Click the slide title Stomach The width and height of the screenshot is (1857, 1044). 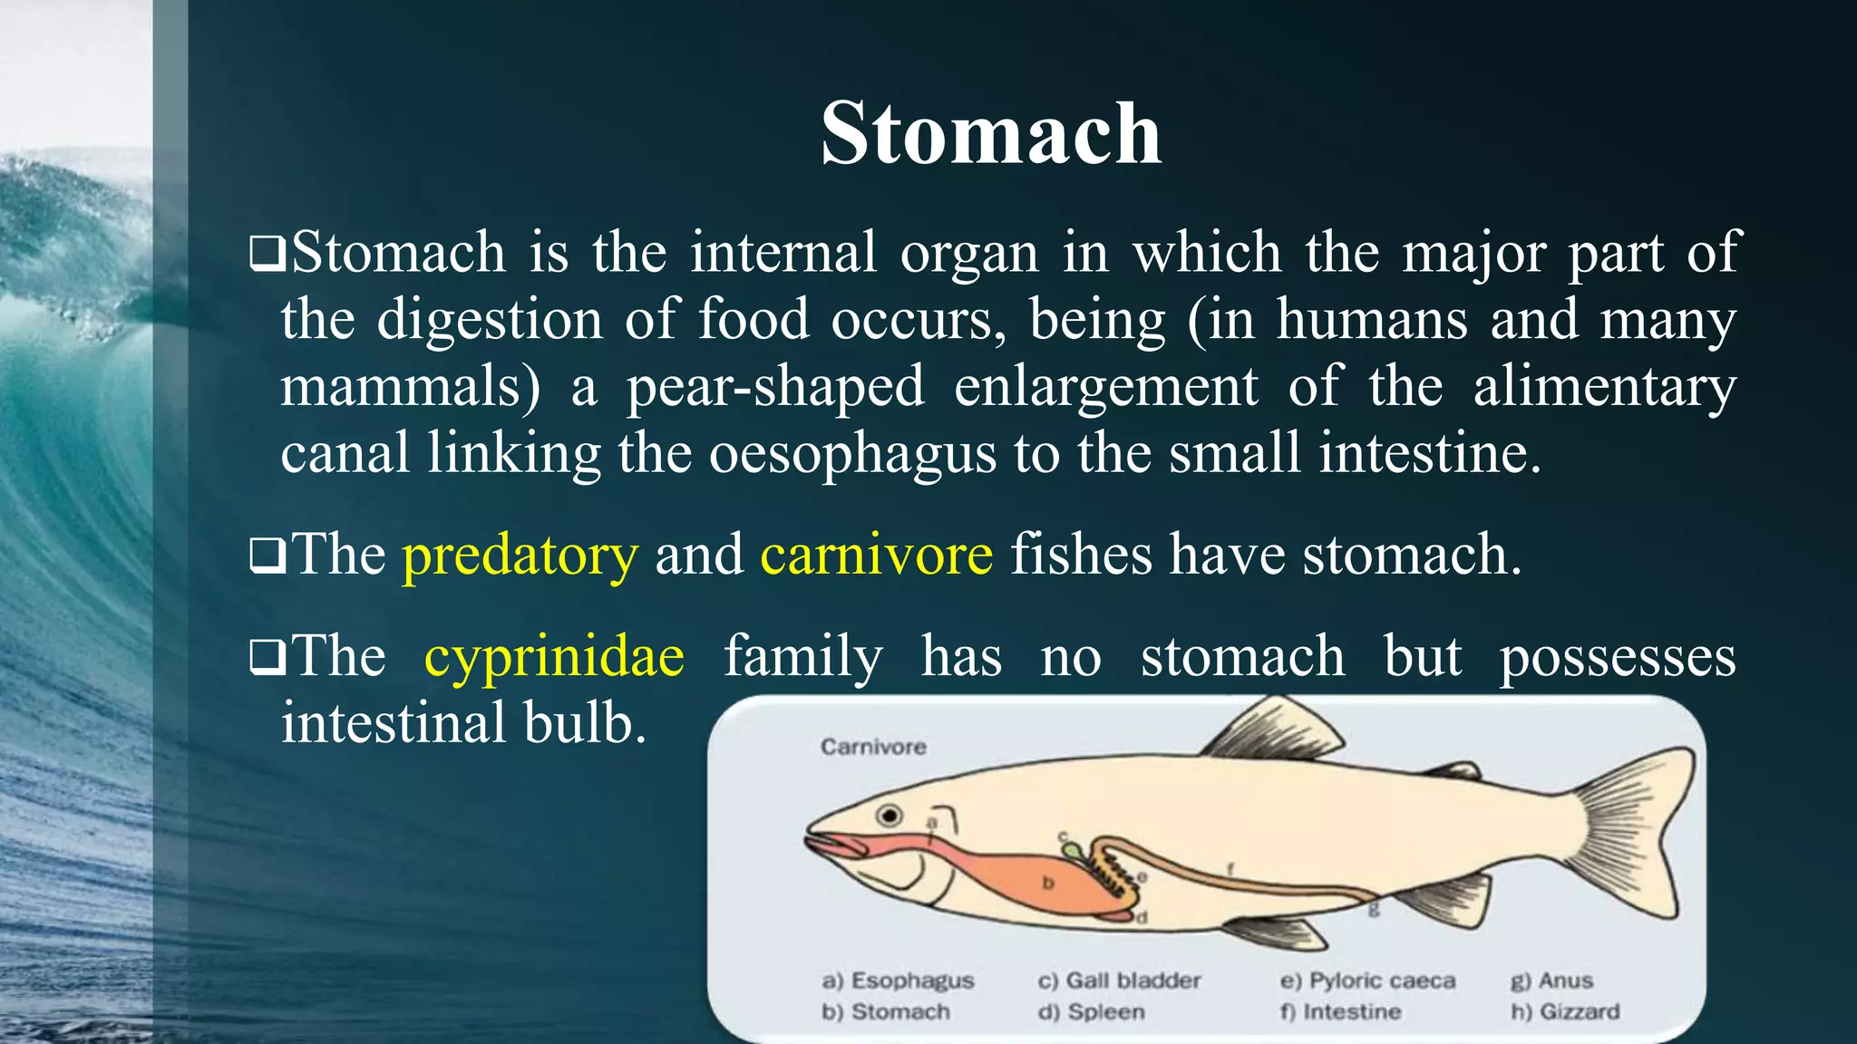coord(990,133)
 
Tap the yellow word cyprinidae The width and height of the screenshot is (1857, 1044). coord(554,656)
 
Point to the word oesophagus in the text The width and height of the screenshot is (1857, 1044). coord(852,453)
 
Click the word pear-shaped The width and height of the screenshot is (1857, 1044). coord(775,386)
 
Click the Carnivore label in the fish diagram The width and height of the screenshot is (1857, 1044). coord(873,747)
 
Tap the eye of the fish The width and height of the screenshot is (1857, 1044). coord(890,816)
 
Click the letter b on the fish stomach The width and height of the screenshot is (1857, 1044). coord(1048,882)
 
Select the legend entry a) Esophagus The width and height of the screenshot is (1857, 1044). coord(898,981)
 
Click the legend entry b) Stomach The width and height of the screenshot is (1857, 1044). coord(886,1011)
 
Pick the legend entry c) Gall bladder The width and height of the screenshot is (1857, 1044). coord(1119,981)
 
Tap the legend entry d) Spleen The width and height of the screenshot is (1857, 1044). coord(1092,1011)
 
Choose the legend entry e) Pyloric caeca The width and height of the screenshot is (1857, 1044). coord(1367,981)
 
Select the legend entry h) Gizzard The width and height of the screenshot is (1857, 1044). coord(1565,1011)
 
